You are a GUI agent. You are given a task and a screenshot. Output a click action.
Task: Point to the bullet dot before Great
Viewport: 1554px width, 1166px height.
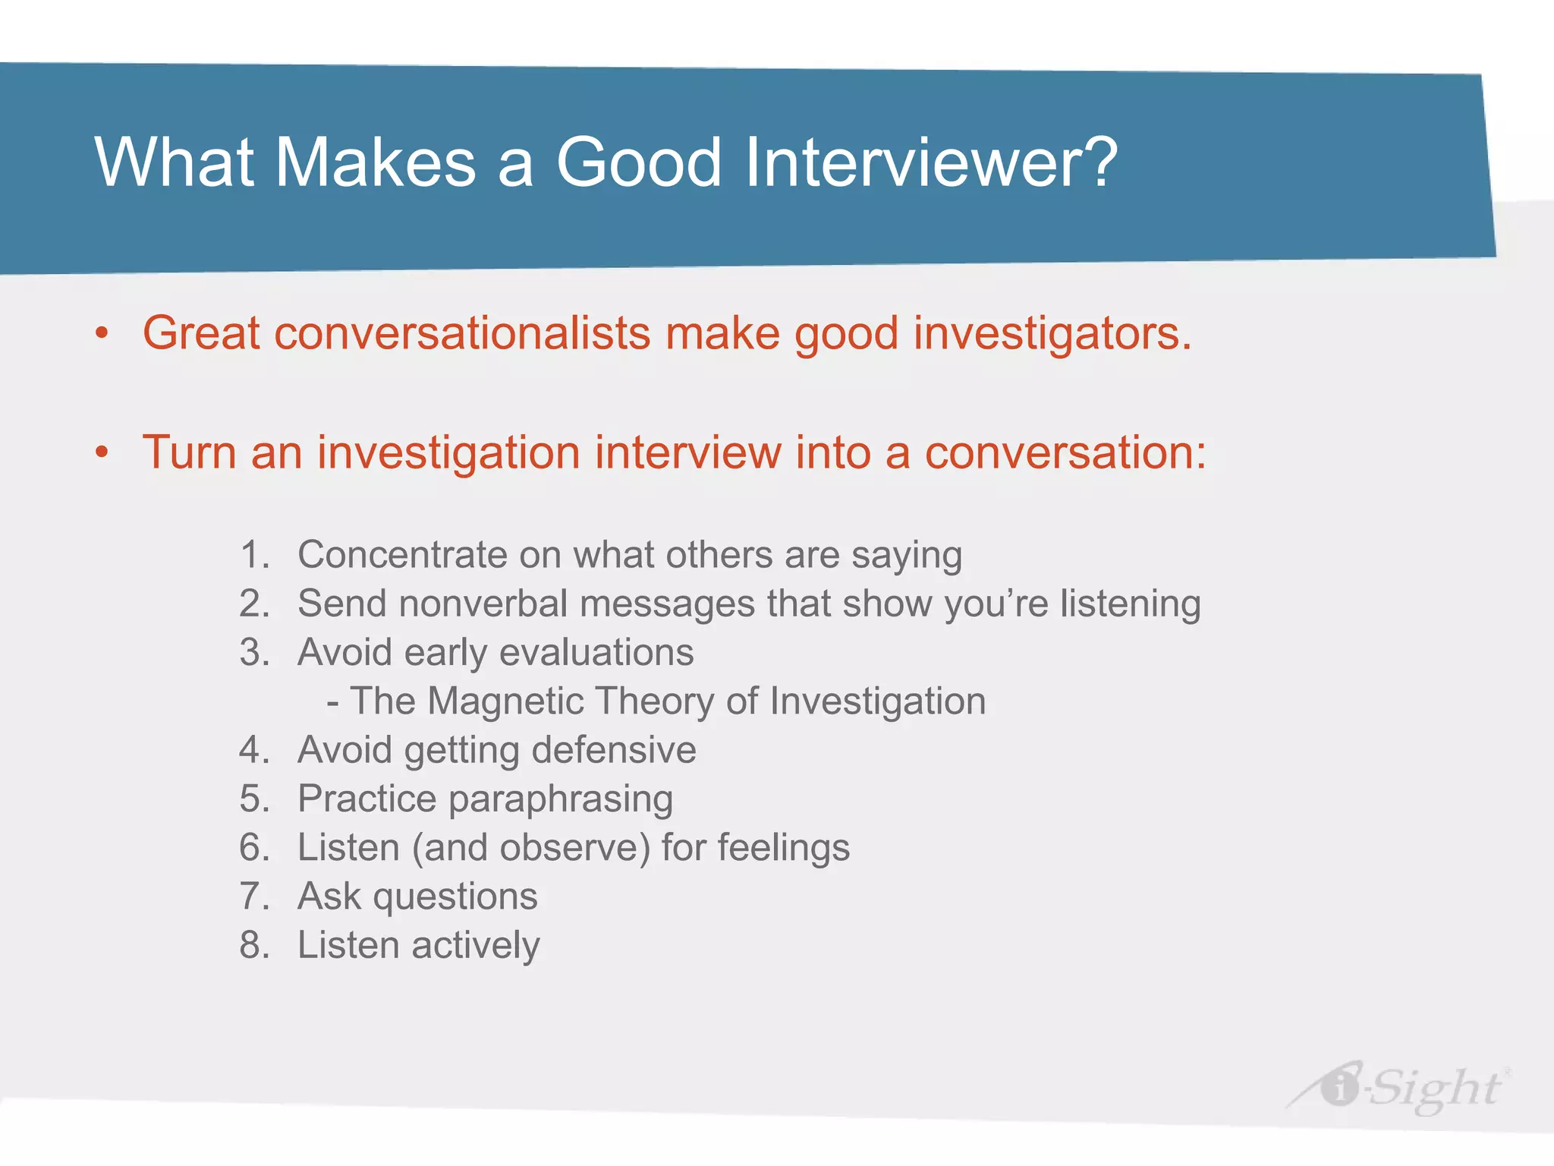102,333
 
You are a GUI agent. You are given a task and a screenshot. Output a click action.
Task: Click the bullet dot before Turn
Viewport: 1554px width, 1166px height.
102,452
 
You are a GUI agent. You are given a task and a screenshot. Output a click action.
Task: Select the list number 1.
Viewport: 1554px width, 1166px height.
253,554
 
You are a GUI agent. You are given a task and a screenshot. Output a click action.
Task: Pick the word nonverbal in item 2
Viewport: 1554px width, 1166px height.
483,603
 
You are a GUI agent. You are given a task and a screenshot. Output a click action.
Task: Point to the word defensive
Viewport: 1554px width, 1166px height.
613,750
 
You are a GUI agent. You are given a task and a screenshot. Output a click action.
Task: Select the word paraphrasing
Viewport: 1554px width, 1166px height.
560,799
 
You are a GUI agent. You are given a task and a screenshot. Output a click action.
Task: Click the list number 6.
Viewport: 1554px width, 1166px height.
253,847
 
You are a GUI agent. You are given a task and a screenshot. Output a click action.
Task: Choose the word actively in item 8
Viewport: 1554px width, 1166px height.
475,946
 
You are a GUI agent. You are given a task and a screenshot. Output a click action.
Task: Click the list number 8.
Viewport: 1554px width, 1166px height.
253,945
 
